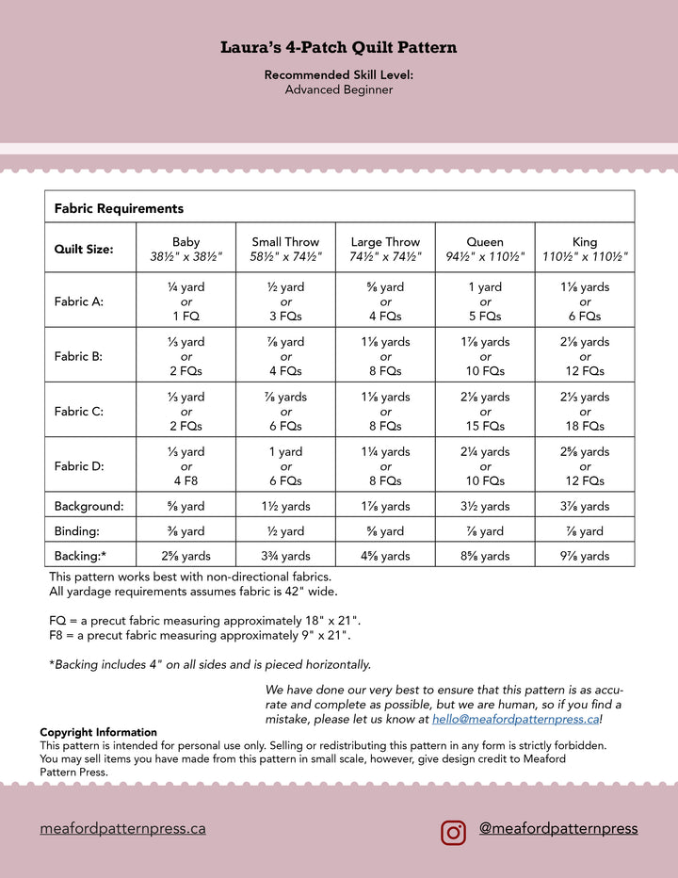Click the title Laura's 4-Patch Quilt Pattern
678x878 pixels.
click(x=339, y=47)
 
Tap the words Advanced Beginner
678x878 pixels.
click(x=339, y=90)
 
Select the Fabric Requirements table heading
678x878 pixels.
click(x=119, y=208)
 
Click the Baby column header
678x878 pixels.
click(x=186, y=249)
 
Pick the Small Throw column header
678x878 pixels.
click(x=285, y=249)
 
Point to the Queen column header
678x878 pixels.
click(x=485, y=249)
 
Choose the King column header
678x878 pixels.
click(x=585, y=249)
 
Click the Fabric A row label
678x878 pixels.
click(x=79, y=301)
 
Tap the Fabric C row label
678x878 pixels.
click(x=79, y=412)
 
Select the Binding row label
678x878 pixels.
click(x=77, y=531)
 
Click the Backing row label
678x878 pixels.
click(x=80, y=556)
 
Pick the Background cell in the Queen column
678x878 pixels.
click(x=485, y=507)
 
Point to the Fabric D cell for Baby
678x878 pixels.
click(x=186, y=466)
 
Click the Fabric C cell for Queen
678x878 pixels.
click(x=485, y=412)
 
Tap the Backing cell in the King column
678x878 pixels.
click(x=585, y=556)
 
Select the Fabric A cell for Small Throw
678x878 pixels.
click(x=285, y=301)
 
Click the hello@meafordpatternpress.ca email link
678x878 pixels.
click(x=515, y=719)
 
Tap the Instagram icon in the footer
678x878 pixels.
click(x=454, y=832)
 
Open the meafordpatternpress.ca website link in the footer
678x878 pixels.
click(x=122, y=829)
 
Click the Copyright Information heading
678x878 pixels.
click(x=98, y=732)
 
